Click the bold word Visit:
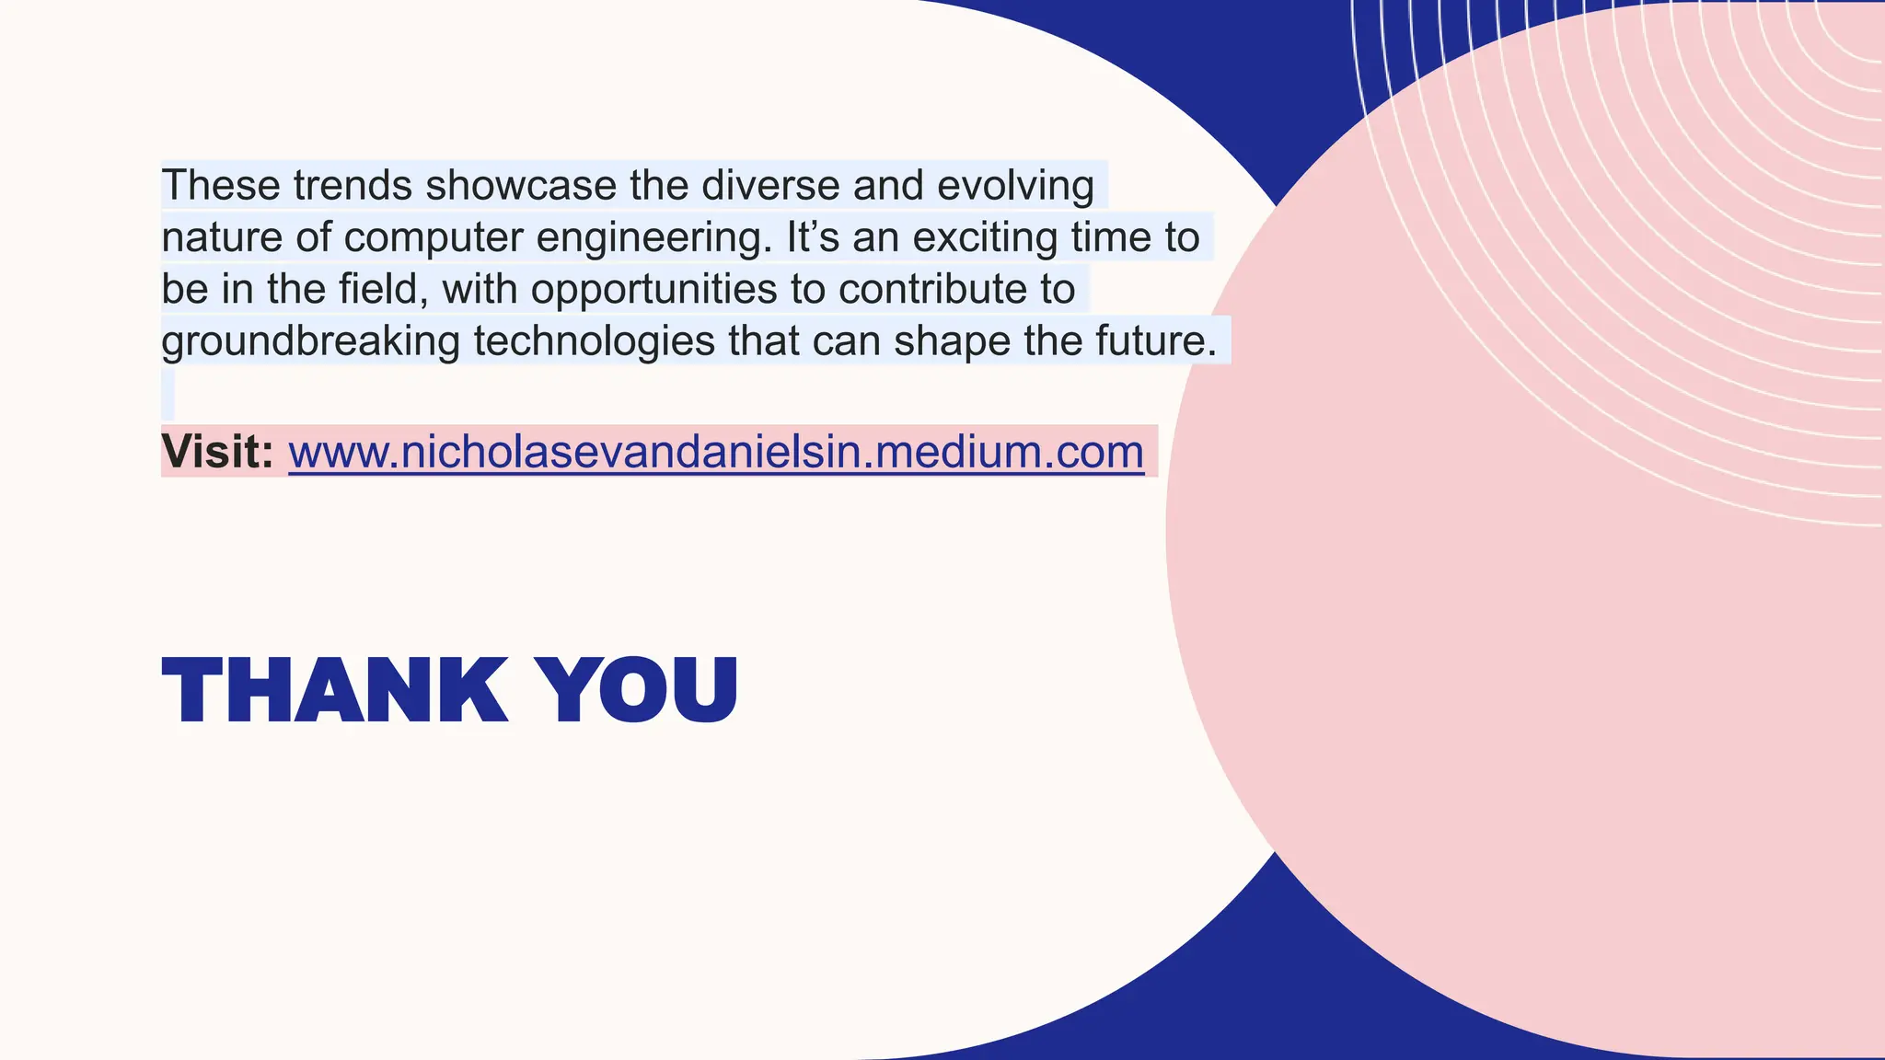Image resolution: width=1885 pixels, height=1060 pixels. tap(217, 452)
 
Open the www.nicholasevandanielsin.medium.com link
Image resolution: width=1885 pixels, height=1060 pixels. tap(716, 452)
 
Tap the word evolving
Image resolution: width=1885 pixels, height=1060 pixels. tap(1015, 185)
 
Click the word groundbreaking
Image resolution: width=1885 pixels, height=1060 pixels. tap(310, 341)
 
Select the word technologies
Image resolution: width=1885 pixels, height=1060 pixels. tap(594, 341)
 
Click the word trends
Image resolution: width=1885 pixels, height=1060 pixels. tap(353, 185)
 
